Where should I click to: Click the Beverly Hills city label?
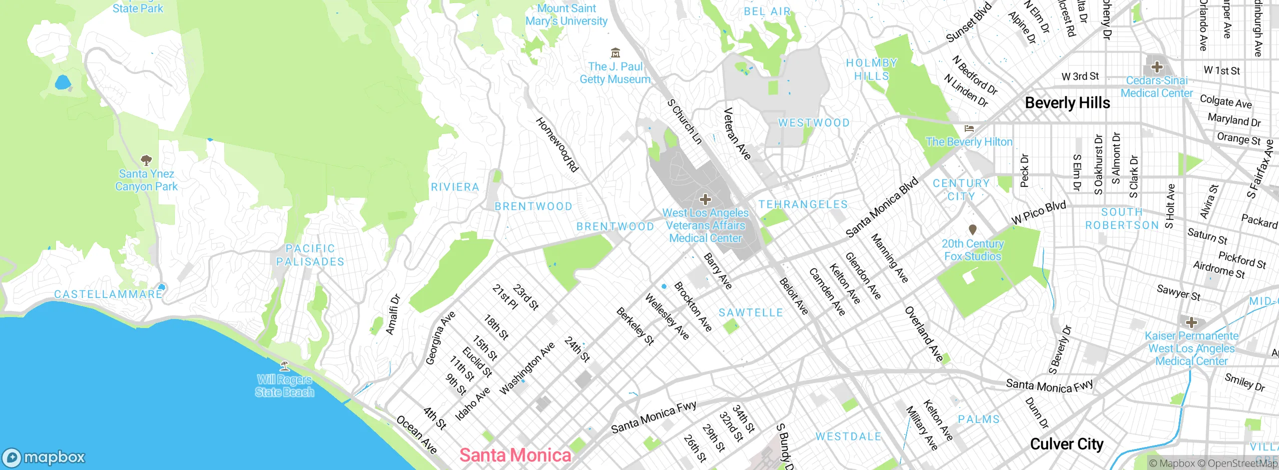[1067, 103]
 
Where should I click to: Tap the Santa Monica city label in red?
[515, 455]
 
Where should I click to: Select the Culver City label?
[1067, 444]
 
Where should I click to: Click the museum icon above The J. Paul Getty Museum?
[616, 52]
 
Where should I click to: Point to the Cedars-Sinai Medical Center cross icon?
[1157, 67]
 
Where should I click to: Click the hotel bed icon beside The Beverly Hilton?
[969, 128]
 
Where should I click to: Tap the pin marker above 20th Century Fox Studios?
[972, 229]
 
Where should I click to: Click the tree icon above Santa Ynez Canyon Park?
[146, 160]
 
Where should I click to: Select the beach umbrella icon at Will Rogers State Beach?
[284, 365]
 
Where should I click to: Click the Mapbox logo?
[44, 457]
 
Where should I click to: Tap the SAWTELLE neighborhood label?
[750, 313]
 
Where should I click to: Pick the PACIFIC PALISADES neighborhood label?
[310, 255]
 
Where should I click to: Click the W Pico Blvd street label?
[1039, 212]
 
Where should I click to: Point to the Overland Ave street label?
[924, 334]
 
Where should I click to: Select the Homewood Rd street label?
[557, 145]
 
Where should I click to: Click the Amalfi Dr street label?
[393, 314]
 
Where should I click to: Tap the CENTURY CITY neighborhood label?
[961, 190]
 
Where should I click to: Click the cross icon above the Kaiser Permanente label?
[1191, 322]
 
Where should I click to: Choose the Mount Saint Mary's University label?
[566, 15]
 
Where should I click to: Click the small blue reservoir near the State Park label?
[62, 82]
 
